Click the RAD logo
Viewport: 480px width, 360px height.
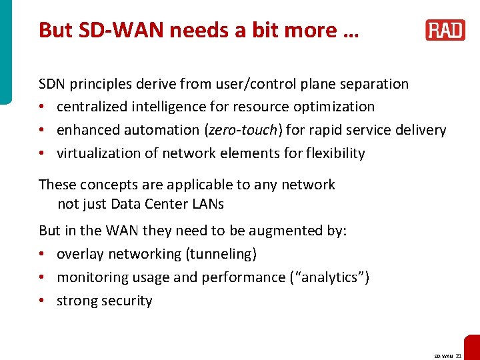(445, 31)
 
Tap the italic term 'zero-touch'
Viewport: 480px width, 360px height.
(240, 130)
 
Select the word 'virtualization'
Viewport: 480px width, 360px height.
(97, 153)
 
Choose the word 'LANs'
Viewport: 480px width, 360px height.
(207, 204)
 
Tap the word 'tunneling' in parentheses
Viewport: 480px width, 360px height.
(222, 254)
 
